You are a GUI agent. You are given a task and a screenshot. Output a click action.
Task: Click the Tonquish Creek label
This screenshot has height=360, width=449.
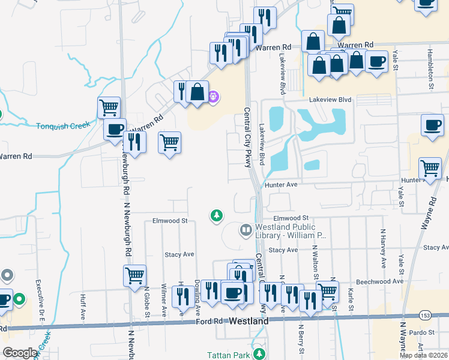63,125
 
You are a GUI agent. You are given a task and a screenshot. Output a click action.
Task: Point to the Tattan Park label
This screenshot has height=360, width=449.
228,355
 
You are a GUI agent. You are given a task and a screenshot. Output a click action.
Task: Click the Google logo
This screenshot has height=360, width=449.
20,353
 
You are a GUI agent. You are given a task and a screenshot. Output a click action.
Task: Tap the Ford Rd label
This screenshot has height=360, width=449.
209,322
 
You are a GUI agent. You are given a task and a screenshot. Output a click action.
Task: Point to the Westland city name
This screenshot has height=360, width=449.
249,322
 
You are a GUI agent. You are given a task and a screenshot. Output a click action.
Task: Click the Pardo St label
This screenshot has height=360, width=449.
423,332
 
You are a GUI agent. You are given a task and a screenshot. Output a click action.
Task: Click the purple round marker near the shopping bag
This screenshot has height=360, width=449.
213,95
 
